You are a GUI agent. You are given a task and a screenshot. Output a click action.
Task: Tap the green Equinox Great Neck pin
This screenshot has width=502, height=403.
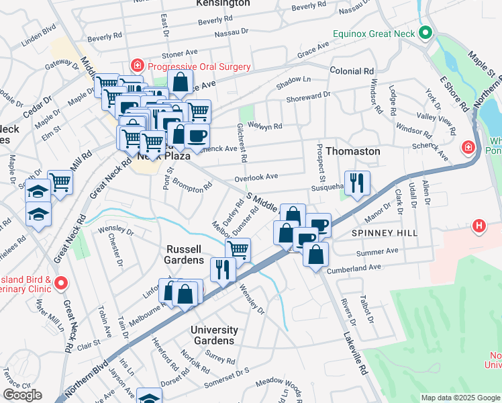425,33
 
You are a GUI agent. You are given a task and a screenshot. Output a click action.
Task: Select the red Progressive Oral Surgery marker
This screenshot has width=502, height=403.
138,66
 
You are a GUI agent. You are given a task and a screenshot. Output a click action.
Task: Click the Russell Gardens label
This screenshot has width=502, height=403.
185,255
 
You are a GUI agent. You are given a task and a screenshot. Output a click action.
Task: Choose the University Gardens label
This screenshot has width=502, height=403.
214,335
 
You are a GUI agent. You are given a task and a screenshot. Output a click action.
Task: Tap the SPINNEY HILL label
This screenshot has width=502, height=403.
384,233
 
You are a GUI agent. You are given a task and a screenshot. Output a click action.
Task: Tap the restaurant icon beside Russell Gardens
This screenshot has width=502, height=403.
223,269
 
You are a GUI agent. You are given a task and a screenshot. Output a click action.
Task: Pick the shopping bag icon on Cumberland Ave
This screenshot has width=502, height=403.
315,255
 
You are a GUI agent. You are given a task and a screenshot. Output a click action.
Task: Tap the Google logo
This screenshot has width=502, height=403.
22,395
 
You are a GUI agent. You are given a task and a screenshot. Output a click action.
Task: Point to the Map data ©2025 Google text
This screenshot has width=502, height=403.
460,398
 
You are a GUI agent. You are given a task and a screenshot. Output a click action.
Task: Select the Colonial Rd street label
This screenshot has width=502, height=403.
351,71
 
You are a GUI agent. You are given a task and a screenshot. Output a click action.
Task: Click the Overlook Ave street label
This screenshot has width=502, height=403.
256,177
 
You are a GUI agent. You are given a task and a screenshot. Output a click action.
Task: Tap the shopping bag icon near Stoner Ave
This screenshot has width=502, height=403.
181,83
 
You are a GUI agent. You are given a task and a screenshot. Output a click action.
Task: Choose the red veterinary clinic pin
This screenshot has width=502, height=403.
60,283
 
